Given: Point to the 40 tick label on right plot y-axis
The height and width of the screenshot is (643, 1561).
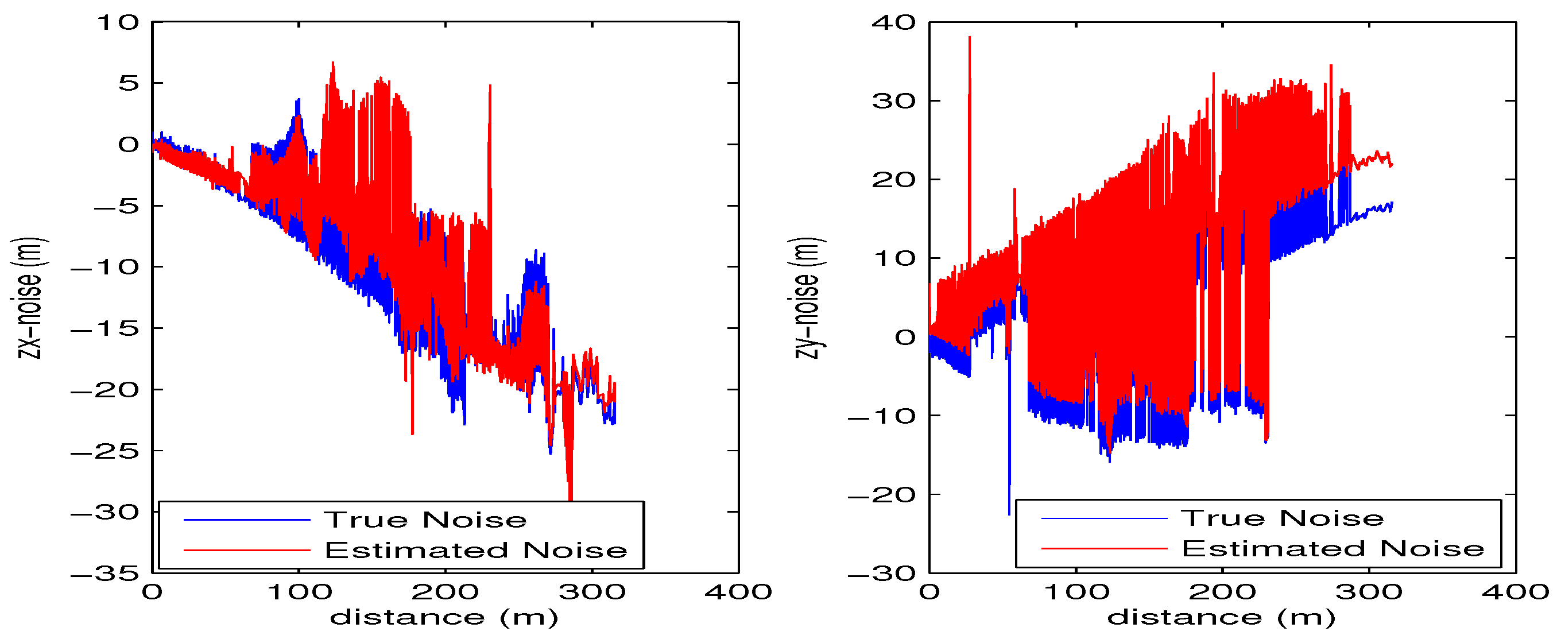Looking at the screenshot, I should tap(893, 23).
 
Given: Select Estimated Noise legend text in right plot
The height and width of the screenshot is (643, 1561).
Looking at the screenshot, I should tap(1333, 549).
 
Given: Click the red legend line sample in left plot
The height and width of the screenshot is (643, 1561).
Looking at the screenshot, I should tap(247, 550).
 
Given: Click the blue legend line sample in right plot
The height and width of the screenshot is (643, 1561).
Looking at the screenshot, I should tap(1104, 519).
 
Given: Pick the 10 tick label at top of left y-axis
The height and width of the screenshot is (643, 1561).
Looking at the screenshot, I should tap(118, 23).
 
